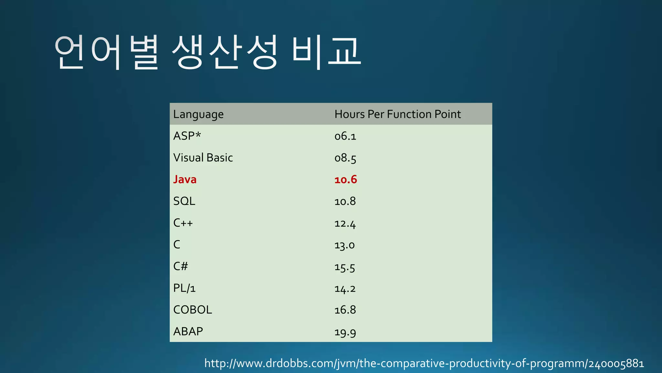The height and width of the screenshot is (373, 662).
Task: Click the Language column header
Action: [x=198, y=115]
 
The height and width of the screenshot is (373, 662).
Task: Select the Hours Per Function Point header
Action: [x=397, y=114]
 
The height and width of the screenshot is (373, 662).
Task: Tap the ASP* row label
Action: [x=187, y=136]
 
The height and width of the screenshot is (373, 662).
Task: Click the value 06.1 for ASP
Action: [x=345, y=136]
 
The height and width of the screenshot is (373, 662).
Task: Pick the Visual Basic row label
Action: [x=203, y=158]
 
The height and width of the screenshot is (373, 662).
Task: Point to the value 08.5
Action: [x=345, y=158]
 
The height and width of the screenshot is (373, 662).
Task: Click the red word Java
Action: [x=185, y=179]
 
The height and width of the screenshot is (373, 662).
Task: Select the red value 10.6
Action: [x=345, y=180]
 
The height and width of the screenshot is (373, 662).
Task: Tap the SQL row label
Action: [x=184, y=201]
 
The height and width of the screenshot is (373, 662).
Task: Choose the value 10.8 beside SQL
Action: [x=345, y=201]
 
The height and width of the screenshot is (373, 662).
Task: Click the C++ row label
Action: [x=183, y=223]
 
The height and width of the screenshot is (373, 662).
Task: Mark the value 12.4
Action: [x=345, y=224]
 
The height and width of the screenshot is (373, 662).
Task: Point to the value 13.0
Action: [x=344, y=245]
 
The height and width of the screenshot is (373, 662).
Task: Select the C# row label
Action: [x=180, y=266]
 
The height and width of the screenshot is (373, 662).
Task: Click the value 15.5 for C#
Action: [x=345, y=267]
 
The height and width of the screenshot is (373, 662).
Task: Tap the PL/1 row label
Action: [x=184, y=288]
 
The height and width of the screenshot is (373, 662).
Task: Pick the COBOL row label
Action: [x=192, y=310]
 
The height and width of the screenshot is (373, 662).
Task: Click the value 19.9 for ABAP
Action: [x=345, y=332]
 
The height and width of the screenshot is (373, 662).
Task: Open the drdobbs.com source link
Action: [x=424, y=364]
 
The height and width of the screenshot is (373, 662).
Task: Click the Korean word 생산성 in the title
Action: [x=224, y=52]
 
